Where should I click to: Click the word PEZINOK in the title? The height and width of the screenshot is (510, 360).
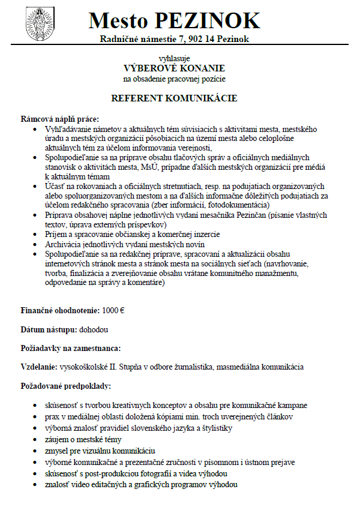(x=207, y=21)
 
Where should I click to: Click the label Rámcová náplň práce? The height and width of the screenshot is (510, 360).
(x=59, y=119)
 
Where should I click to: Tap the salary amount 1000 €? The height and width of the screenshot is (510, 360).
(x=114, y=312)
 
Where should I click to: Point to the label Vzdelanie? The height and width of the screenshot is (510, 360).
(x=39, y=366)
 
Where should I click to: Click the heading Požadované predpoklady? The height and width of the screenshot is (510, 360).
(x=65, y=385)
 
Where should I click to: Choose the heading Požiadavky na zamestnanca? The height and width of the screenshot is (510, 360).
(x=71, y=348)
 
